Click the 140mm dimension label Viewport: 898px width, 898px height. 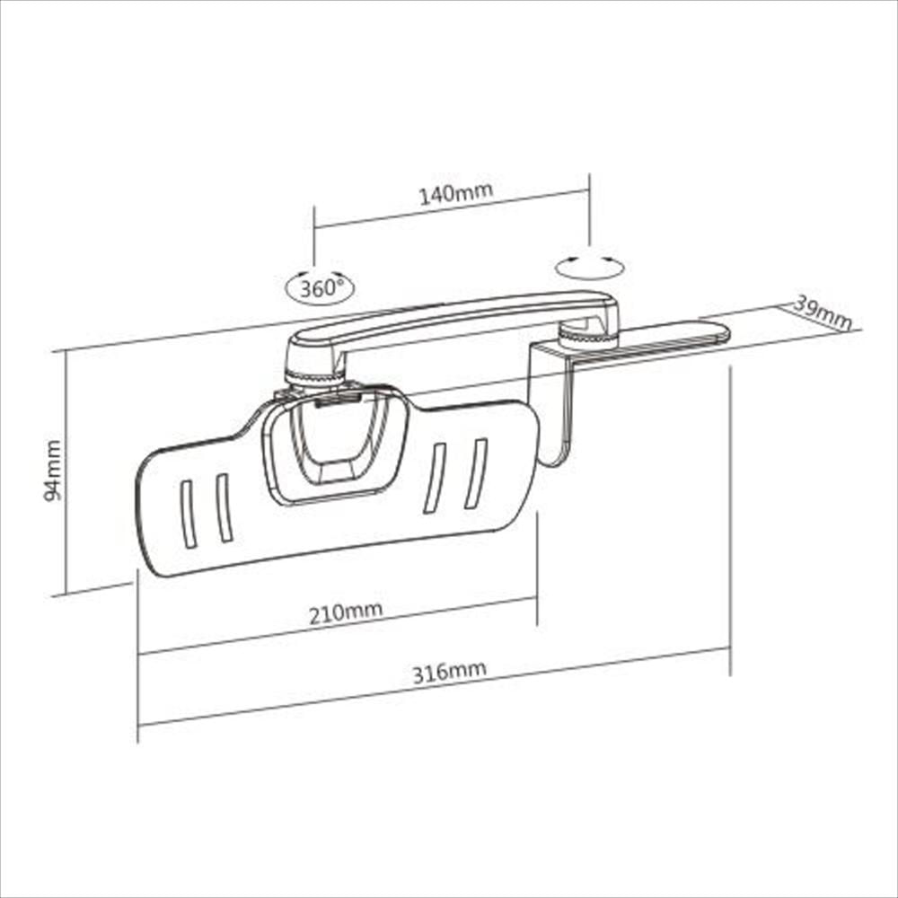click(x=456, y=193)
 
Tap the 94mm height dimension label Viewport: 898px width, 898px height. click(x=55, y=469)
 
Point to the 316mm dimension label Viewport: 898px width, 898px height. click(x=449, y=673)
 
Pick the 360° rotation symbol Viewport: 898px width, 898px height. click(x=320, y=288)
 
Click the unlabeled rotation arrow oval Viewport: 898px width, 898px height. click(x=589, y=267)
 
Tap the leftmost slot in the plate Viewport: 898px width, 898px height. click(x=187, y=514)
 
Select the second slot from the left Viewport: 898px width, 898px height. click(x=224, y=507)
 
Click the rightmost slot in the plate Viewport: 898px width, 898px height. click(x=475, y=473)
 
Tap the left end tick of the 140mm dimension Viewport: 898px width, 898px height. click(x=314, y=230)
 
